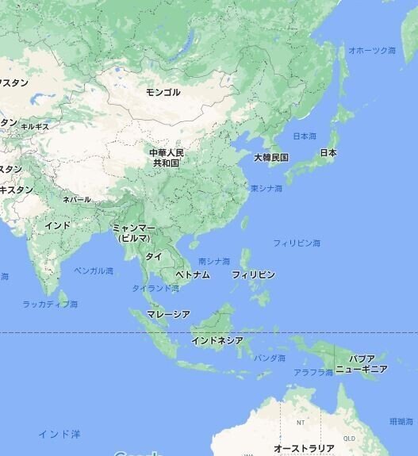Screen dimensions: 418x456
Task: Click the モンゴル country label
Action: click(x=163, y=93)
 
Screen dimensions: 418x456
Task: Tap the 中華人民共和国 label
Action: click(x=167, y=157)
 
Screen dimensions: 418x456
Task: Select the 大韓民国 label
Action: click(x=271, y=158)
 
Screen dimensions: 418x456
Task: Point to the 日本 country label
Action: click(x=328, y=152)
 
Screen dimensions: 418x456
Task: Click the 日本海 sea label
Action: click(x=305, y=136)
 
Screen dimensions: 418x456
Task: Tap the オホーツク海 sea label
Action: click(x=372, y=50)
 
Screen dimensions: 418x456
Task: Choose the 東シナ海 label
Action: click(x=266, y=189)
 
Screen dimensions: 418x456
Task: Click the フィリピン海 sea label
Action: click(x=297, y=243)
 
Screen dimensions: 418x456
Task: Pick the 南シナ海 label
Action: click(x=214, y=261)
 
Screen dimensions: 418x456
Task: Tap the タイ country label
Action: click(x=153, y=256)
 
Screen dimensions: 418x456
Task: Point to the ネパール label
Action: click(x=77, y=200)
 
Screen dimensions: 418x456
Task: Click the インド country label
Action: click(x=57, y=226)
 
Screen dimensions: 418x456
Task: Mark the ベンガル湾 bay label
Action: click(x=94, y=270)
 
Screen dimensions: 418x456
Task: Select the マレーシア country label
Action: click(x=168, y=314)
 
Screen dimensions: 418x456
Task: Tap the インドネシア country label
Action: click(x=217, y=340)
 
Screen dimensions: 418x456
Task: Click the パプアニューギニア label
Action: click(x=361, y=364)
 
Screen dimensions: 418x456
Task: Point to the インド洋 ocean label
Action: click(x=59, y=434)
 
